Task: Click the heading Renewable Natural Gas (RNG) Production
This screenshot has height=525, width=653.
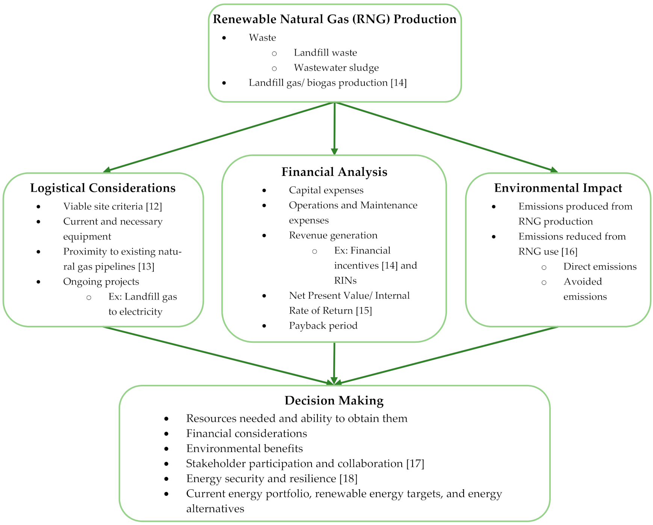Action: [x=334, y=19]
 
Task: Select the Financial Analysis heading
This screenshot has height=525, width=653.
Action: [x=334, y=172]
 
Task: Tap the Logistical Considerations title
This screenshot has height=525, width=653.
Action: [x=103, y=188]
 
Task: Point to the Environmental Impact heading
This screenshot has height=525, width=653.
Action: [x=558, y=188]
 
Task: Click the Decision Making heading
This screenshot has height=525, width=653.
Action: [x=334, y=401]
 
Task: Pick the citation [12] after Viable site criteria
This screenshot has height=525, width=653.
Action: [x=154, y=206]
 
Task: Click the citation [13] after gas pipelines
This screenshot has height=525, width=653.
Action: [x=146, y=266]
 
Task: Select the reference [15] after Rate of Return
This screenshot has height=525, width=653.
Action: [x=364, y=310]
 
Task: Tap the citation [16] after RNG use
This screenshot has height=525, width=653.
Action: [x=569, y=251]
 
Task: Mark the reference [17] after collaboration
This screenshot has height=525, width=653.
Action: [x=415, y=463]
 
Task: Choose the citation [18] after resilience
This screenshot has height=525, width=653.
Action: [x=348, y=478]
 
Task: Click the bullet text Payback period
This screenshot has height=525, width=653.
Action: [x=323, y=325]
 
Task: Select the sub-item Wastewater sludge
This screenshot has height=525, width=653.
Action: [x=336, y=68]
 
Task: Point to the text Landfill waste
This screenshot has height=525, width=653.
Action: [x=325, y=53]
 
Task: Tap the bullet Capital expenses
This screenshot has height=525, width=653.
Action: [x=326, y=190]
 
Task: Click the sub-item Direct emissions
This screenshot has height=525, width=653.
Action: [x=600, y=266]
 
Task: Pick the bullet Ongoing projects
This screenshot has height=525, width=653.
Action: [x=101, y=281]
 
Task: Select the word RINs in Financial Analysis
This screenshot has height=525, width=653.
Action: [x=345, y=280]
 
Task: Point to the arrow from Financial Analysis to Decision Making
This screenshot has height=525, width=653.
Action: [x=334, y=363]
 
